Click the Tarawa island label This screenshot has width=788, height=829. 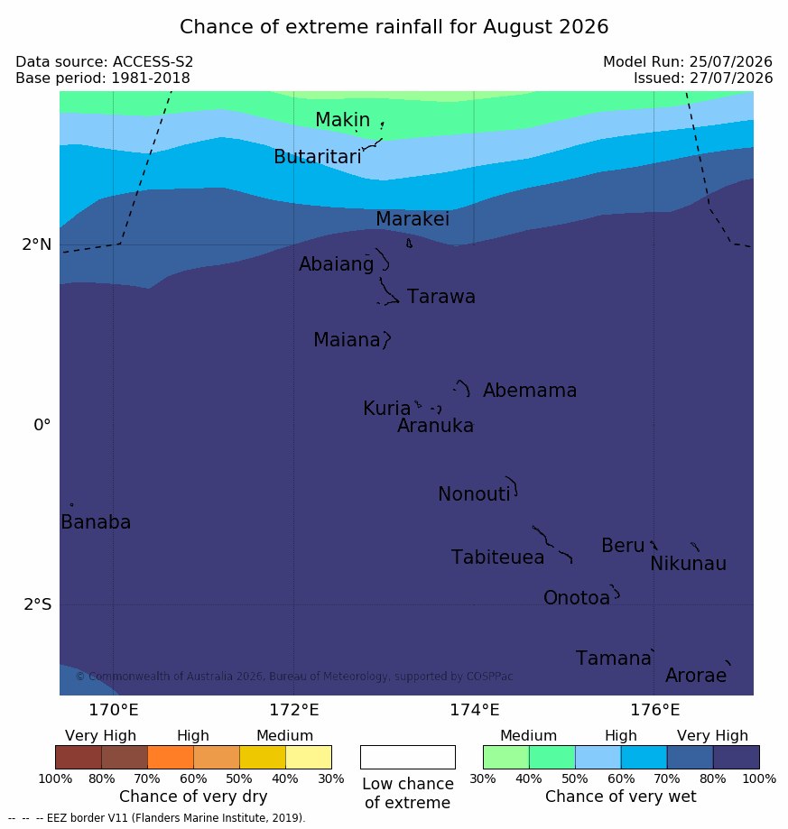pyautogui.click(x=440, y=297)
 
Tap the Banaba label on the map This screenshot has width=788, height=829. pyautogui.click(x=96, y=521)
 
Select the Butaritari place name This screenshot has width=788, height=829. pyautogui.click(x=318, y=156)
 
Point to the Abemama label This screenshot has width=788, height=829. pyautogui.click(x=529, y=391)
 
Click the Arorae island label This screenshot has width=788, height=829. pyautogui.click(x=695, y=675)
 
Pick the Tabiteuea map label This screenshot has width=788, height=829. pyautogui.click(x=497, y=557)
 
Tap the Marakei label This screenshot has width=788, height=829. pyautogui.click(x=413, y=219)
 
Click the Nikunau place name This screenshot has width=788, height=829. pyautogui.click(x=688, y=564)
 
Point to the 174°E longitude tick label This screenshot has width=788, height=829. pyautogui.click(x=475, y=710)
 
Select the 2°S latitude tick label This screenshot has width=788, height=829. pyautogui.click(x=38, y=604)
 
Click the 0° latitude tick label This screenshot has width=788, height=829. pyautogui.click(x=42, y=425)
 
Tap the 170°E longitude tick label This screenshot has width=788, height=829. pyautogui.click(x=113, y=710)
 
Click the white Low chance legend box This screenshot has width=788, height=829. pyautogui.click(x=408, y=757)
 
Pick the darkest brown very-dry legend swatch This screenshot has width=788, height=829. pyautogui.click(x=79, y=757)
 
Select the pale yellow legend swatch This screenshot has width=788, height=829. pyautogui.click(x=309, y=757)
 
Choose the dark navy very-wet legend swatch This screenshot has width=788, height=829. pyautogui.click(x=737, y=757)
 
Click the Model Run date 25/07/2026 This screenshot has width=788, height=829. pyautogui.click(x=730, y=62)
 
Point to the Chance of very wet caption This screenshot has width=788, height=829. pyautogui.click(x=621, y=797)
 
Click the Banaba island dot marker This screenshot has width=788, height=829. pyautogui.click(x=72, y=505)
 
